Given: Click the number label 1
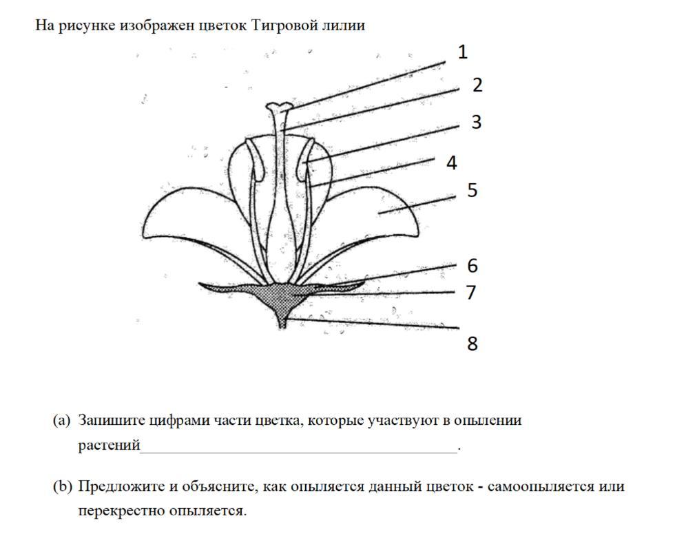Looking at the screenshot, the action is click(x=463, y=52).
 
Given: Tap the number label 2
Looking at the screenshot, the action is click(x=477, y=85).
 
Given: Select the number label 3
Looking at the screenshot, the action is click(x=476, y=122).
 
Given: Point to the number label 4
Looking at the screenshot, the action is click(x=452, y=163).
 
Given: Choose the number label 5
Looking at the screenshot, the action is click(x=472, y=190).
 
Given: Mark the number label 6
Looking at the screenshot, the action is click(x=472, y=265).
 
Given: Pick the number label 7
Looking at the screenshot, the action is click(x=471, y=292).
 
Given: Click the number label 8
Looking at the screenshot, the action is click(x=473, y=343).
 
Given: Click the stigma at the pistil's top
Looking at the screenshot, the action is click(x=279, y=107).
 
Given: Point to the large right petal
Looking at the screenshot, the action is click(x=375, y=213).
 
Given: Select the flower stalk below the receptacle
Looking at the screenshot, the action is click(x=282, y=319).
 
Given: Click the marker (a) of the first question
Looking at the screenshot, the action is click(x=62, y=420).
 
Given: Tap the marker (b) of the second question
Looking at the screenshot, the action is click(x=63, y=487).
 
